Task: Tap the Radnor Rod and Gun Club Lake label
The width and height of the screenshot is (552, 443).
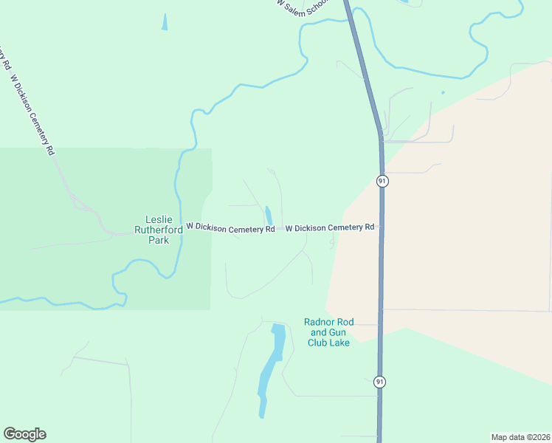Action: point(329,332)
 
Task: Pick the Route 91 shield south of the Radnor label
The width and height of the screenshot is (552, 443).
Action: point(379,382)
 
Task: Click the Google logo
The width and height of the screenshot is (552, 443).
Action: point(24,434)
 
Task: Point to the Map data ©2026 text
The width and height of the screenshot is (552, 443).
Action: point(520,436)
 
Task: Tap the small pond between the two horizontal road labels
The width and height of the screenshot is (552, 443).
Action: point(269,215)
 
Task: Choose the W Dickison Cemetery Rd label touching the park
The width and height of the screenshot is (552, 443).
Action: point(230,228)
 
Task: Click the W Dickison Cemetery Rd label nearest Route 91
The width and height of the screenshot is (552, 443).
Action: point(330,228)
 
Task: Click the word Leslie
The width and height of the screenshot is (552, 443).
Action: point(158,219)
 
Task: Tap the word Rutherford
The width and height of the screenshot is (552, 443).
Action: point(159,230)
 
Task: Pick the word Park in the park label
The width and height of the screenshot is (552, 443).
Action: point(158,240)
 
